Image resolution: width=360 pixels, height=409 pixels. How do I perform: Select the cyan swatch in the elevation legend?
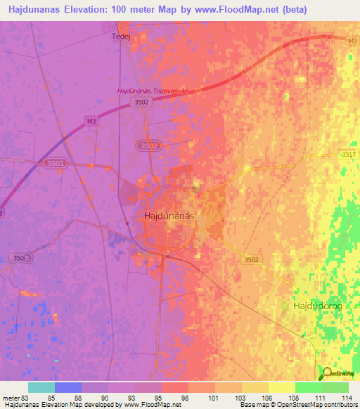tap(41, 387)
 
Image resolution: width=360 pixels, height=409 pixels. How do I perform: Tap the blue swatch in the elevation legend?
tap(68, 387)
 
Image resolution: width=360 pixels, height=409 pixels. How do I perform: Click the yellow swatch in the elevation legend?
tap(282, 387)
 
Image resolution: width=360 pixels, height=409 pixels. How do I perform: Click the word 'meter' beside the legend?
tap(11, 397)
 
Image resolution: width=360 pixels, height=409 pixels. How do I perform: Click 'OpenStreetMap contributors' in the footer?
tap(319, 405)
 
